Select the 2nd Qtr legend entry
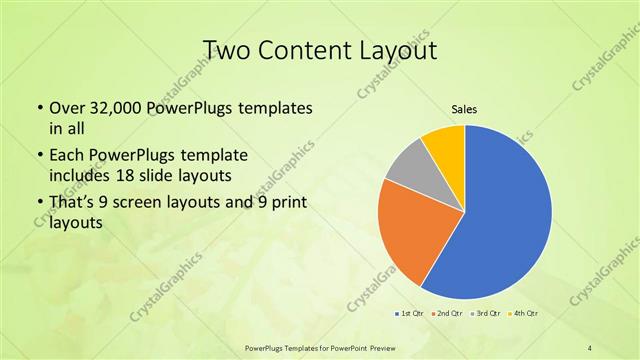click(x=446, y=315)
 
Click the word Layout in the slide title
click(x=399, y=49)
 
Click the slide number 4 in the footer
click(x=590, y=347)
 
